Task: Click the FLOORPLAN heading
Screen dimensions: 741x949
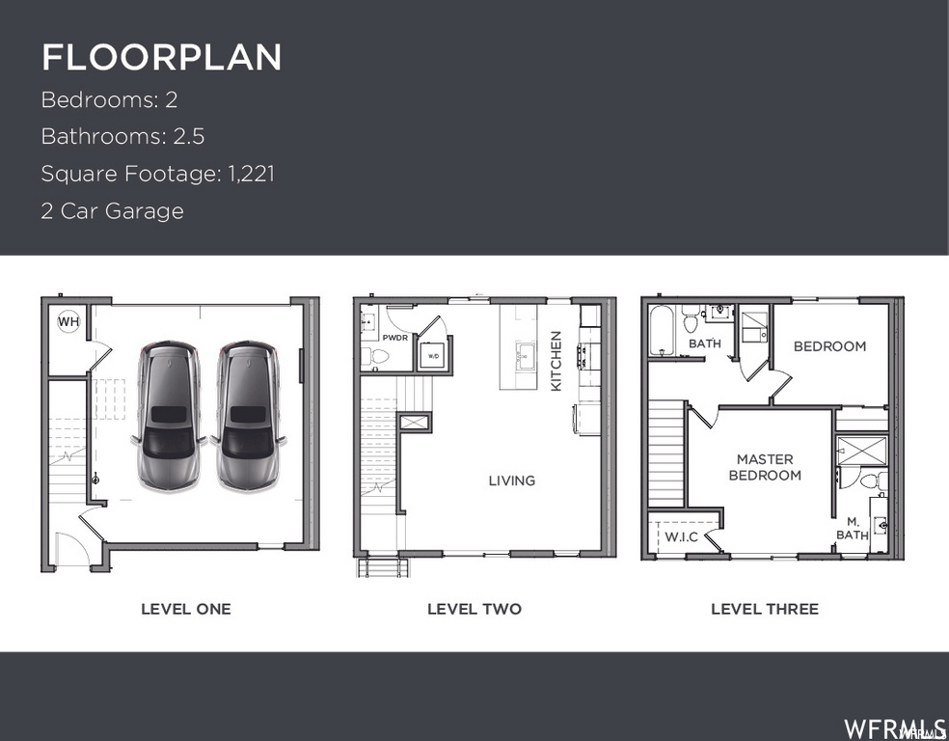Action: [x=161, y=57]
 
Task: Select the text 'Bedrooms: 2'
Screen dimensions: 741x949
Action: [x=109, y=99]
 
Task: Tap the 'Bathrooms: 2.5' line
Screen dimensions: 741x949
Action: [x=122, y=136]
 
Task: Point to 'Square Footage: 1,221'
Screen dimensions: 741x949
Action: [x=157, y=174]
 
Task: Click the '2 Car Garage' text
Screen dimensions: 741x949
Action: [x=112, y=210]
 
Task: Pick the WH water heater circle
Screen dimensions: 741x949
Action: [x=68, y=322]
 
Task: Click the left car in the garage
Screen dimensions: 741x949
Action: [x=170, y=415]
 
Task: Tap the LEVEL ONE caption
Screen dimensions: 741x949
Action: [x=186, y=609]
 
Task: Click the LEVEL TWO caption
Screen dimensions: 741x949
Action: [x=474, y=609]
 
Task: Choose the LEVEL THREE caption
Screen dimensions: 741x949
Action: [x=765, y=609]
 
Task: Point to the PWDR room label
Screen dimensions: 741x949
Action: [x=395, y=339]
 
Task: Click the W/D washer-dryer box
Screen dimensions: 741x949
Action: [x=434, y=356]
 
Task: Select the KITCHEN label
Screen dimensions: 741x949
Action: [x=556, y=361]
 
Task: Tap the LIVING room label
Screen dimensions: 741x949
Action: [x=511, y=480]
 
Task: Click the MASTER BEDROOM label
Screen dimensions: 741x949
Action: [x=765, y=467]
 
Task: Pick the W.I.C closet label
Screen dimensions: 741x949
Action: [x=681, y=536]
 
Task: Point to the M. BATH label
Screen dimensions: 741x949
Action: [x=853, y=528]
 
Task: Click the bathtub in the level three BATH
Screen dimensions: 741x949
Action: [x=663, y=332]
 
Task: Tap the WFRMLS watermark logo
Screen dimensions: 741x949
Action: [x=894, y=727]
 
